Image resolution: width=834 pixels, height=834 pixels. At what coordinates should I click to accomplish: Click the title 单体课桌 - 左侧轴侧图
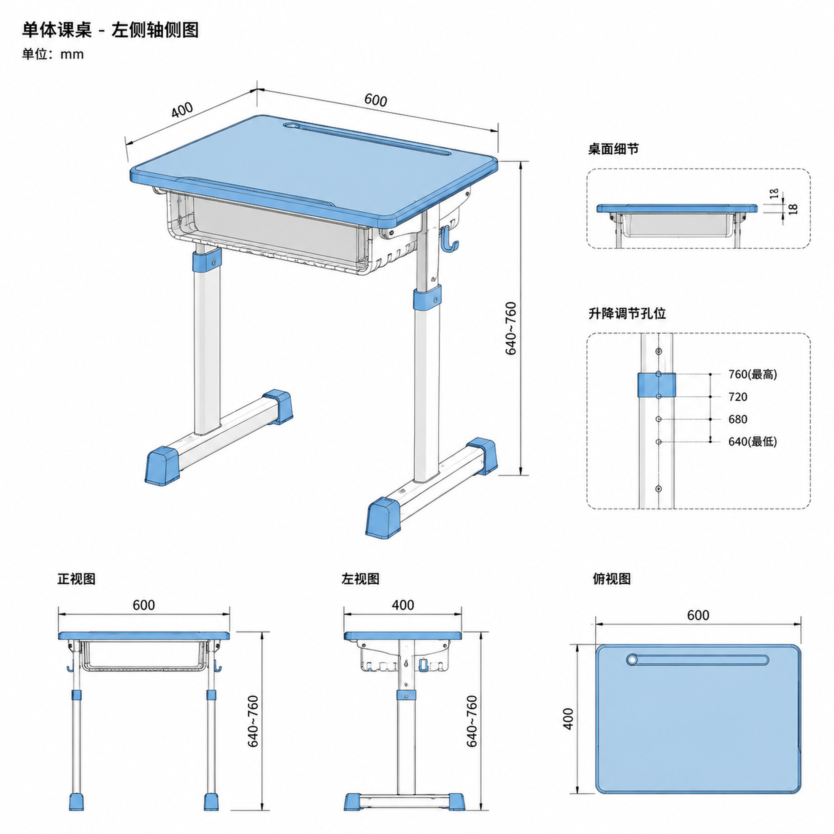point(110,30)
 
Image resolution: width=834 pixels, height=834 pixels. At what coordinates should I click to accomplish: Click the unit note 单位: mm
point(53,55)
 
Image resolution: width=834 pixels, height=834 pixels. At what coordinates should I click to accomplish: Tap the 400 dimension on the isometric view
point(182,110)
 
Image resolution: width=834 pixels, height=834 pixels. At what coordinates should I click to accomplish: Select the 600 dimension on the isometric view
point(375,100)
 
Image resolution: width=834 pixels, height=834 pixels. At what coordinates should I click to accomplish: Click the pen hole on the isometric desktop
point(292,125)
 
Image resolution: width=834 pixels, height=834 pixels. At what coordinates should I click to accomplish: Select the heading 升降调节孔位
point(627,313)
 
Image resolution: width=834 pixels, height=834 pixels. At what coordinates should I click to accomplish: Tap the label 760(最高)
point(753,374)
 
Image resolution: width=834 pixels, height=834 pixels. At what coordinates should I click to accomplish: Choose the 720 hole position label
point(738,397)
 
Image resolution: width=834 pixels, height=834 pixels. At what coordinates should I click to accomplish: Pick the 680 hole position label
point(738,419)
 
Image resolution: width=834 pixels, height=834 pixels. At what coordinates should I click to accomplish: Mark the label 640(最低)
point(753,441)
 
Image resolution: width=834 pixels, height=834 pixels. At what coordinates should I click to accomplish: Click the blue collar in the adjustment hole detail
point(656,385)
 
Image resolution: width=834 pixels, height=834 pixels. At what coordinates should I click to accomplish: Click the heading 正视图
point(77,579)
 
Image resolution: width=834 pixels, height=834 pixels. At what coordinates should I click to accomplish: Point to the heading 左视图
point(360,579)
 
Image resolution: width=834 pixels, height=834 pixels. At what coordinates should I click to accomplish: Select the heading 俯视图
point(612,579)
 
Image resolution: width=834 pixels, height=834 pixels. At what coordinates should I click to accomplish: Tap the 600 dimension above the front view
point(144,605)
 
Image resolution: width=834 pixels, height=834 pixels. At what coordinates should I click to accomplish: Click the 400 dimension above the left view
point(403,605)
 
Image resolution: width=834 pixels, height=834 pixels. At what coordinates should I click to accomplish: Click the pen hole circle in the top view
point(633,659)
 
